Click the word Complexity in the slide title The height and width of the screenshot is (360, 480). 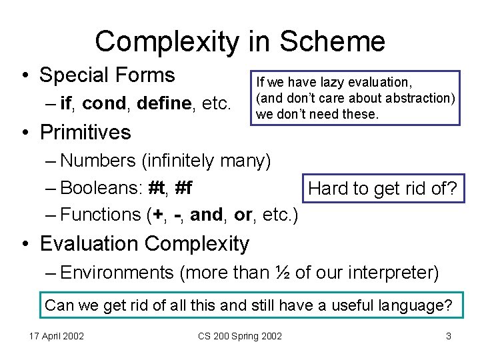(x=167, y=41)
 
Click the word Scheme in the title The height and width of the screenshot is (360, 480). (x=332, y=41)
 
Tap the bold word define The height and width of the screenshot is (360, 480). (x=167, y=104)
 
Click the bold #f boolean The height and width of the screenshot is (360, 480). (x=183, y=188)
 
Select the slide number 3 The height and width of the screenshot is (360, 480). (x=449, y=336)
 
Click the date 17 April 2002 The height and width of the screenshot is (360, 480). (x=56, y=336)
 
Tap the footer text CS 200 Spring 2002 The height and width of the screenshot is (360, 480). (x=240, y=336)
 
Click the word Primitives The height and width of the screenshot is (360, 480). (x=85, y=132)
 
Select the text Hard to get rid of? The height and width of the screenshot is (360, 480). (x=382, y=189)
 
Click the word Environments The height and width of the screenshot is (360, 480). (x=117, y=272)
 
